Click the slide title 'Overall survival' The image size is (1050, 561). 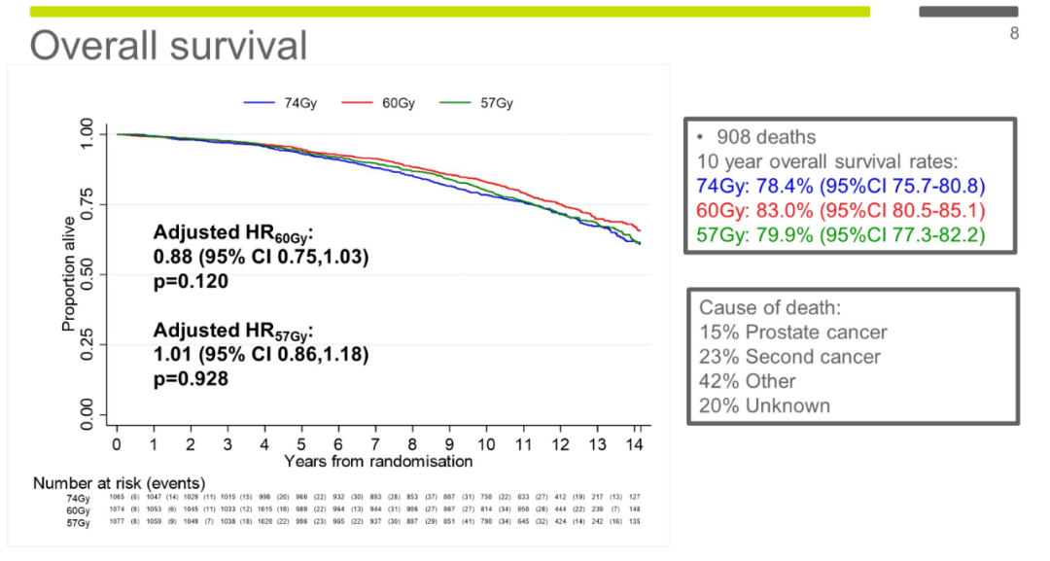(168, 45)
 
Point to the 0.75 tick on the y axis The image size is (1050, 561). (87, 203)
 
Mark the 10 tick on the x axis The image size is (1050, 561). (486, 444)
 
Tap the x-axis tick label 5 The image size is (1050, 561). (301, 444)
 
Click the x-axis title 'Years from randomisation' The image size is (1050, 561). (378, 461)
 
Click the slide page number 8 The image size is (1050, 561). (1014, 34)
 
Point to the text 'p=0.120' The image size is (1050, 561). (191, 281)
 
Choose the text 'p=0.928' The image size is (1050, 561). (191, 379)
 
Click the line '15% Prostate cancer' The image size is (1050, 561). (793, 332)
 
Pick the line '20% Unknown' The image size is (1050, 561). (765, 405)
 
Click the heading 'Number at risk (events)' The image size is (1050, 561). (119, 483)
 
